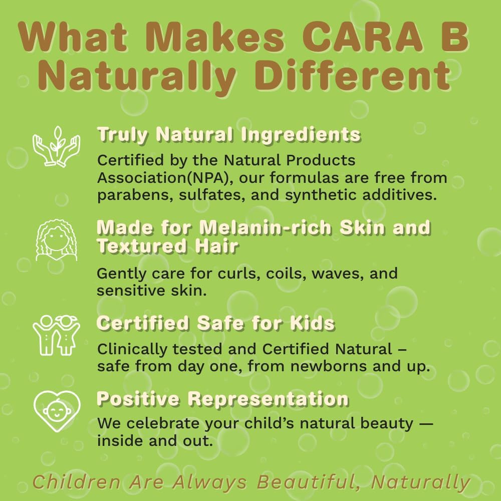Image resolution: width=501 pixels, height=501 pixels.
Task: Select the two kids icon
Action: [x=56, y=335]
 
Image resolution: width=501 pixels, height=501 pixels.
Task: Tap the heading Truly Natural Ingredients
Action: [x=228, y=135]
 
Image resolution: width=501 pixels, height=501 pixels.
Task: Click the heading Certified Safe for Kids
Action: [x=215, y=323]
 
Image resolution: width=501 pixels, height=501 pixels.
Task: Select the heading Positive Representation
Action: [x=222, y=399]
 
